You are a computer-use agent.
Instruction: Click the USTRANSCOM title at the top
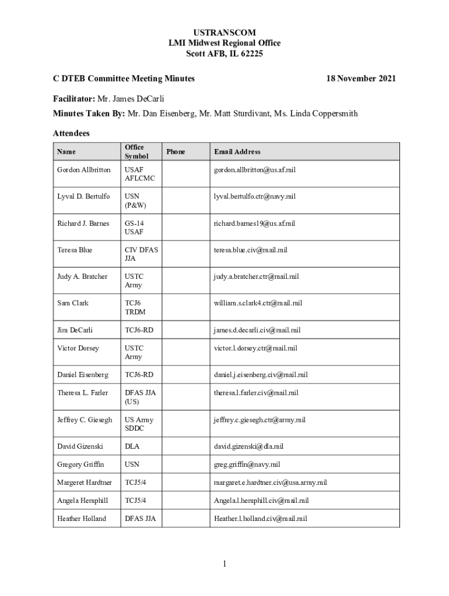pos(224,32)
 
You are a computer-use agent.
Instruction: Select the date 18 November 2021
pos(361,78)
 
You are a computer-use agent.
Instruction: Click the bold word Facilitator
pos(73,98)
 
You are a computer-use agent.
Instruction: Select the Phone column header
pos(176,152)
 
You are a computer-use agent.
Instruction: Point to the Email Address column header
pos(237,152)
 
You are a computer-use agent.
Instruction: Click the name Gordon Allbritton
pos(83,169)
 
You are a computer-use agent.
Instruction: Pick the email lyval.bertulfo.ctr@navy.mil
pos(255,196)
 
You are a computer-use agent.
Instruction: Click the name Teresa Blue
pos(75,250)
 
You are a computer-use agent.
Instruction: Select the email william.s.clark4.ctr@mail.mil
pos(258,303)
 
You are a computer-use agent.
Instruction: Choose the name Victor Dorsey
pos(78,348)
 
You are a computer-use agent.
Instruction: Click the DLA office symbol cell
pos(132,446)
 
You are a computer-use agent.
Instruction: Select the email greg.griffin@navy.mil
pos(247,464)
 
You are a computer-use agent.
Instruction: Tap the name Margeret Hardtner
pos(85,483)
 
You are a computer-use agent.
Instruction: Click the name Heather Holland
pos(82,518)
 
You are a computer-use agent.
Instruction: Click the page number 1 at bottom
pos(224,563)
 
